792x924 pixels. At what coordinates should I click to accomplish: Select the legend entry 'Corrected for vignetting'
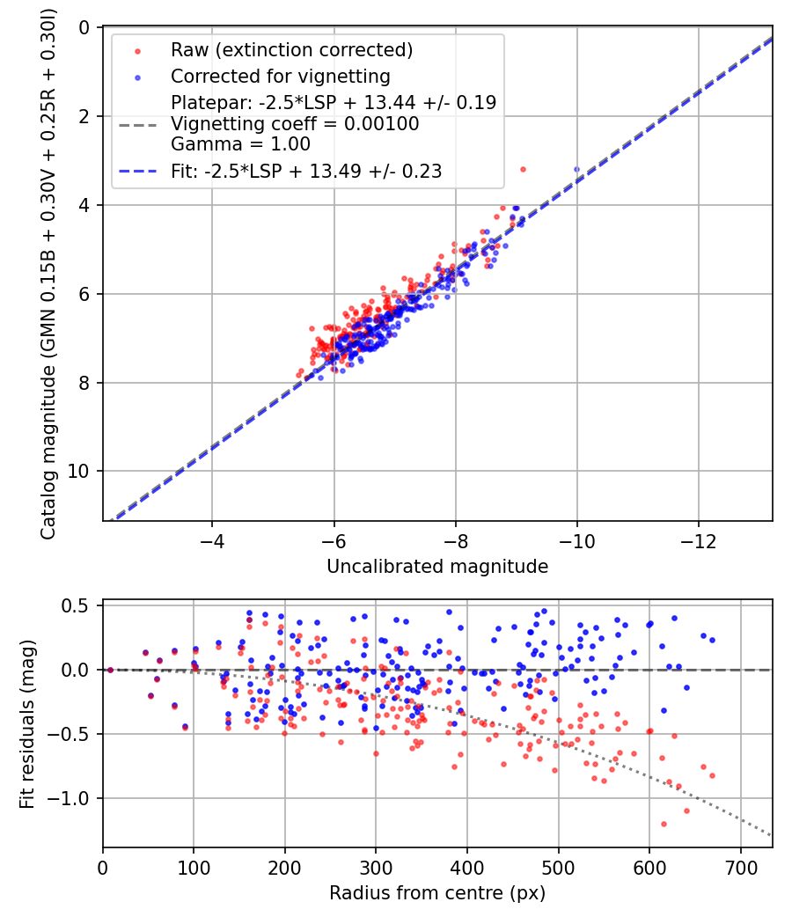coord(280,76)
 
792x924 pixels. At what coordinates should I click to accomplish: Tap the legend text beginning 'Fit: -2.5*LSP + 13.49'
coord(306,172)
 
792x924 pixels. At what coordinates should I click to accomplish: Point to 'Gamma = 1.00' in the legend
coord(240,143)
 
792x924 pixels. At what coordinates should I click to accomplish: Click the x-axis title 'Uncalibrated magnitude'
coord(437,567)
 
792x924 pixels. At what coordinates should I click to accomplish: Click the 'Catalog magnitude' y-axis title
coord(49,274)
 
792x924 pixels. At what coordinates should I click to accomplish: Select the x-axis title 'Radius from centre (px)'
coord(437,893)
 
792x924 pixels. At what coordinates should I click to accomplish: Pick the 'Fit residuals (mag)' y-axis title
coord(27,724)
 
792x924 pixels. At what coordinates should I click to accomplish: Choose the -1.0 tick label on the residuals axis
coord(73,798)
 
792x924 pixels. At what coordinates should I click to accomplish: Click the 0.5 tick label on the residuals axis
coord(78,605)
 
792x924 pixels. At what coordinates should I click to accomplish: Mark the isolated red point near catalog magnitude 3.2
coord(523,169)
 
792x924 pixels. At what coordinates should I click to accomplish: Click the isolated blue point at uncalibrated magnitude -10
coord(576,169)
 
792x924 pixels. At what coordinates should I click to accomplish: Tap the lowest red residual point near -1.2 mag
coord(664,824)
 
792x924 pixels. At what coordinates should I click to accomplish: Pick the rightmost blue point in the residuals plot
coord(712,640)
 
